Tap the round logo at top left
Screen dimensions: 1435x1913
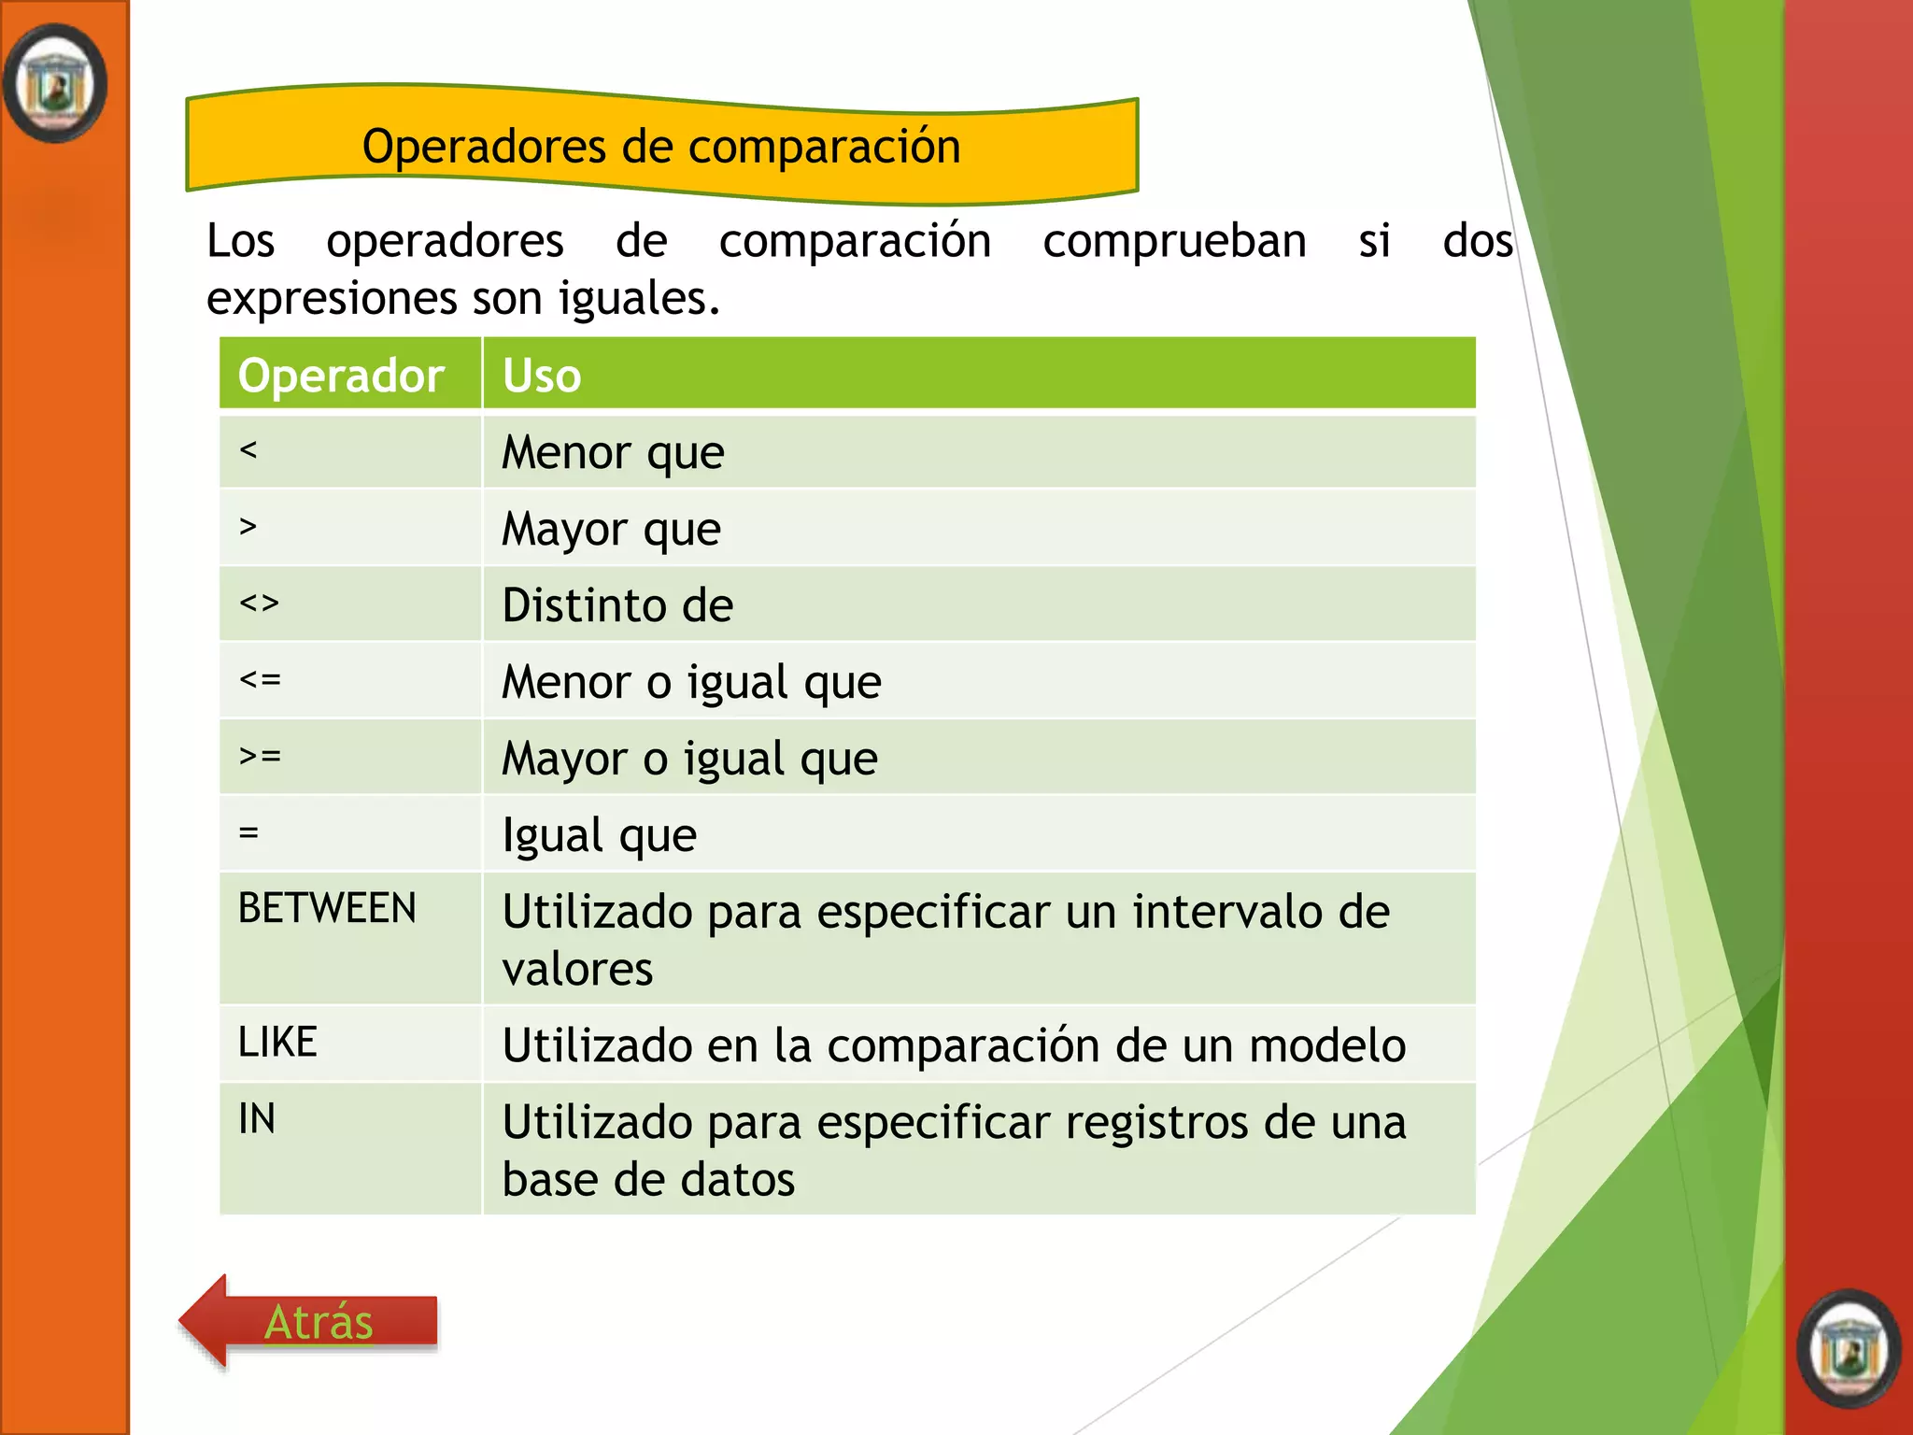[55, 84]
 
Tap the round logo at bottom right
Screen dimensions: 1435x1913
[1849, 1348]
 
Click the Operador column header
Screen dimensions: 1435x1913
[341, 376]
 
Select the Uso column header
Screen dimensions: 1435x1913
[542, 376]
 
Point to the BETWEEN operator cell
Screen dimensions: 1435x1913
[327, 908]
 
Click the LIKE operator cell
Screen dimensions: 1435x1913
[277, 1042]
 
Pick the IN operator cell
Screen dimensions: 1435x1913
[257, 1118]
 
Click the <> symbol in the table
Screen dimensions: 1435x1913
[259, 604]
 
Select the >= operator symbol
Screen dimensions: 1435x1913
[259, 756]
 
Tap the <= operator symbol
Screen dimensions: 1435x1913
[259, 679]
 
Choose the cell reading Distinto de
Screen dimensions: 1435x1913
[617, 605]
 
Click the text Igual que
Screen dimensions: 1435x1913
[599, 835]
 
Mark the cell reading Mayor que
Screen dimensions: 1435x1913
[611, 529]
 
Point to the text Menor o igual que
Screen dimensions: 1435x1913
[691, 682]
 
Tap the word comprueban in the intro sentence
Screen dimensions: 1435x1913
[1174, 241]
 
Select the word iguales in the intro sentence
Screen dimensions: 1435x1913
[638, 299]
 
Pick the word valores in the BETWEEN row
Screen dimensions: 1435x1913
[577, 969]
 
